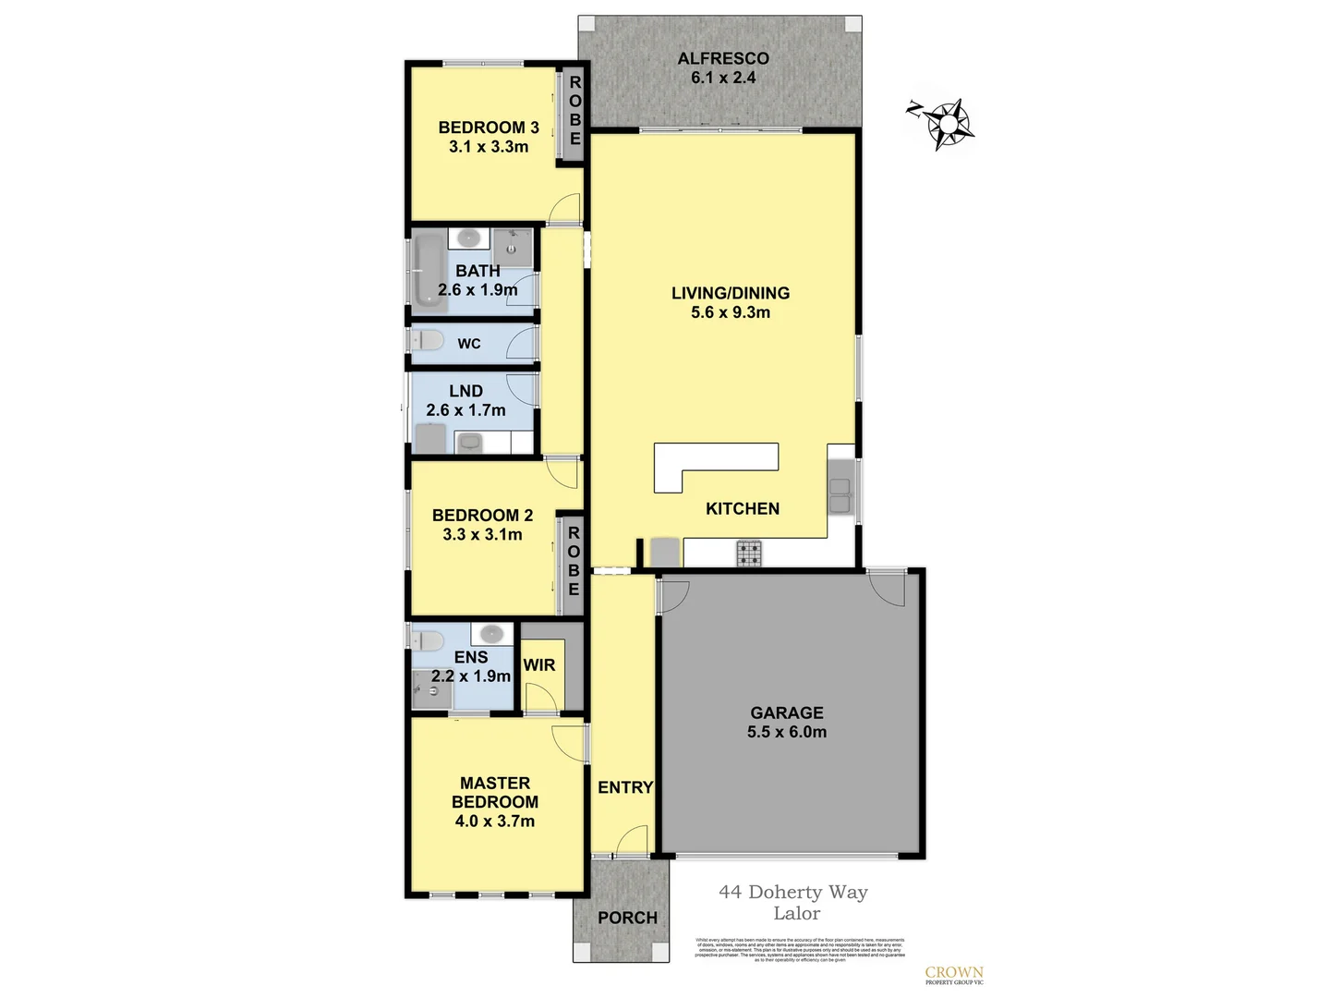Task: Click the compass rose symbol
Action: pos(944,122)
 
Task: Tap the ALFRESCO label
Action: pos(723,58)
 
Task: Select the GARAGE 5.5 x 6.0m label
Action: pos(787,722)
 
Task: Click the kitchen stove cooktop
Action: pos(749,554)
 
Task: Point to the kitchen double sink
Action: pos(840,495)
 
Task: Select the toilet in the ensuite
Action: pos(428,640)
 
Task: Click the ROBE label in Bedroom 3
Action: pos(574,111)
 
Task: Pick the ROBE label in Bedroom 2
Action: pos(574,561)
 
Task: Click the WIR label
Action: pos(539,665)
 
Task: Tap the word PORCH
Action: pos(627,918)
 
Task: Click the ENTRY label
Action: pos(625,787)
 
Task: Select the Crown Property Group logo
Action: pos(954,975)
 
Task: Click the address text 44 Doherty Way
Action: pos(793,892)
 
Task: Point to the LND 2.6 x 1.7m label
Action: pos(465,400)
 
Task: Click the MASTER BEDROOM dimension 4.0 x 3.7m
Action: pos(495,821)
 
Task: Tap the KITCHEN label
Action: pos(743,508)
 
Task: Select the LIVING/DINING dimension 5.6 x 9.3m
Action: pos(731,312)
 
